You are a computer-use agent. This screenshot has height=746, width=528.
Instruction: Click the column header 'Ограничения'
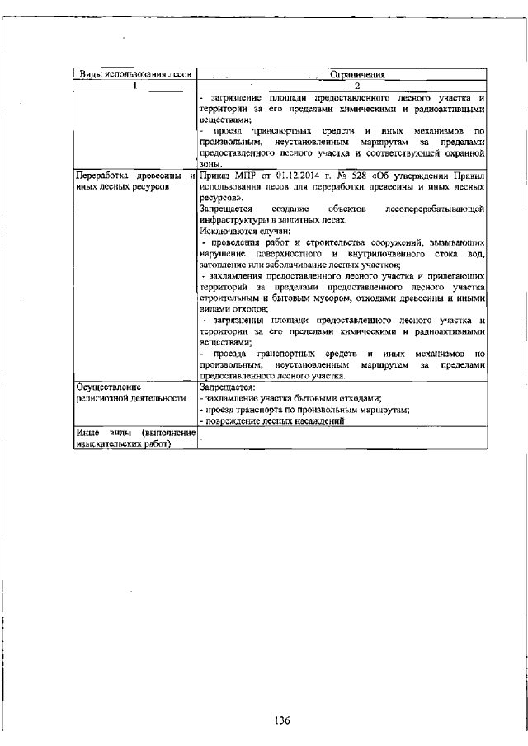pyautogui.click(x=341, y=74)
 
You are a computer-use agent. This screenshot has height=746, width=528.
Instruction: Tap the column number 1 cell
pyautogui.click(x=134, y=85)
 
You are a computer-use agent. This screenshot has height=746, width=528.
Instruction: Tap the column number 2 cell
pyautogui.click(x=341, y=85)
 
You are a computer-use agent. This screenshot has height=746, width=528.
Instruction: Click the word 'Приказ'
pyautogui.click(x=217, y=176)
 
